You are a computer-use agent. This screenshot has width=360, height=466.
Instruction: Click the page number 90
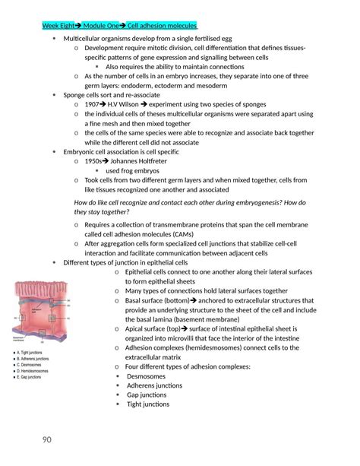tap(47, 439)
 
